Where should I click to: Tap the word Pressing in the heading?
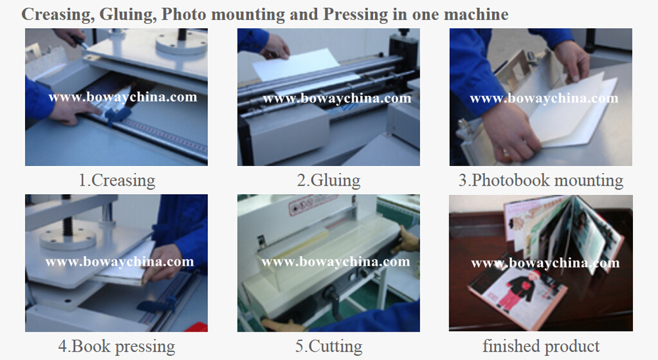pos(356,14)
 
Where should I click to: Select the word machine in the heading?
pos(476,14)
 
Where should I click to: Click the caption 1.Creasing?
pos(116,180)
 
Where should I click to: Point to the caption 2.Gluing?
pos(328,180)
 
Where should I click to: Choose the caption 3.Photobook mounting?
pos(541,180)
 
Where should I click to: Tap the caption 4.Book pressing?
pos(116,347)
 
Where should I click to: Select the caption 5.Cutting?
pos(328,347)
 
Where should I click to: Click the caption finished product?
pos(541,347)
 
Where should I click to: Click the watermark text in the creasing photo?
pos(122,97)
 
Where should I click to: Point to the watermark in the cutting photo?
pos(336,262)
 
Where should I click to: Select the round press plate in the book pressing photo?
pos(68,239)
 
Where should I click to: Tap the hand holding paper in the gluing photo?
pos(274,47)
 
